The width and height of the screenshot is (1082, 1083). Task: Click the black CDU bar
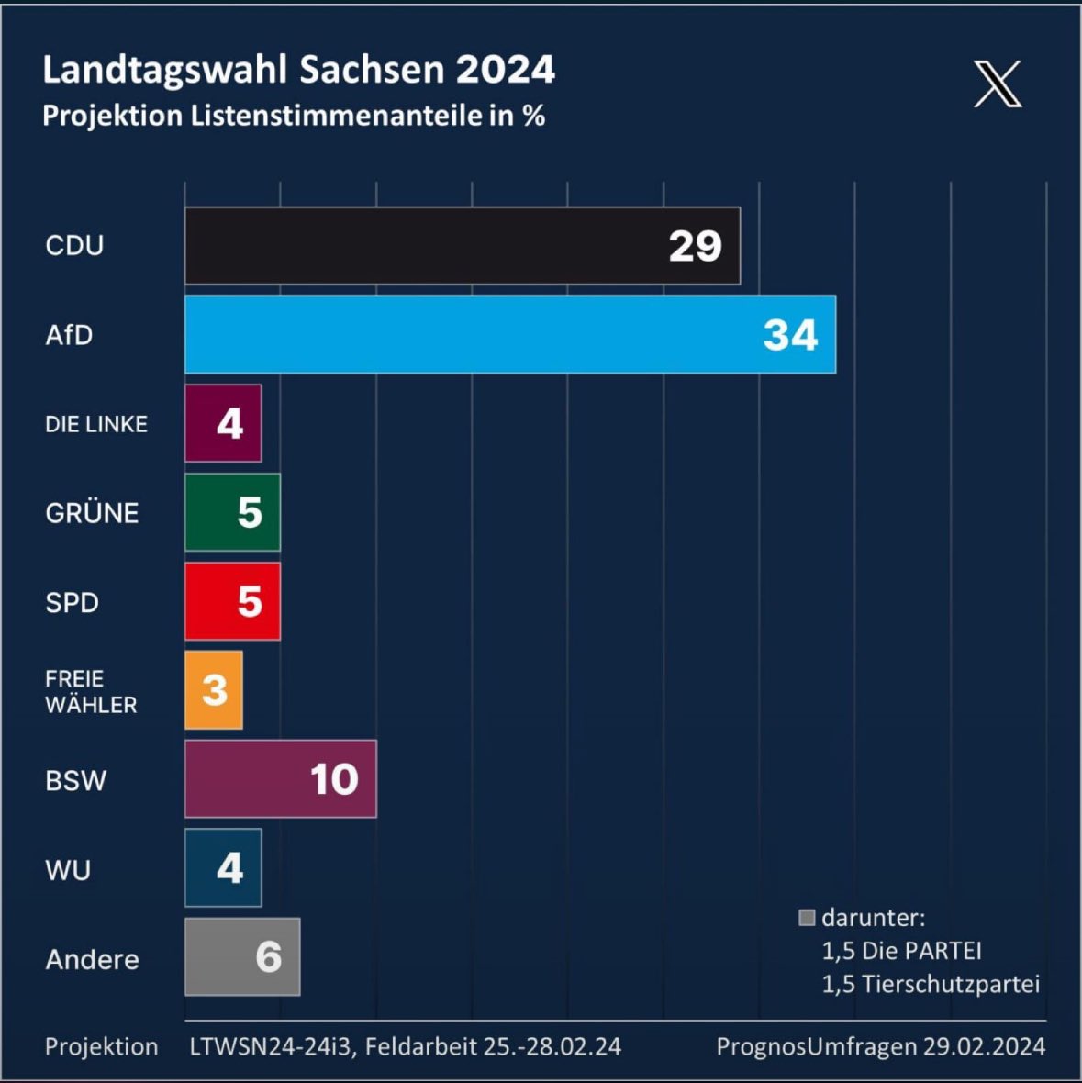pos(422,245)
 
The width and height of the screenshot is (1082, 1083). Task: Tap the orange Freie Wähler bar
pos(213,690)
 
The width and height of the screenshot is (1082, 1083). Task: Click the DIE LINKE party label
pos(96,424)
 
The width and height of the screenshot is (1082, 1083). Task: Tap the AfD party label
pos(69,335)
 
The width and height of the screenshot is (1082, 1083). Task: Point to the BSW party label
pos(76,781)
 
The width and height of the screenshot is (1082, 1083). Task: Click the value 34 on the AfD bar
pos(790,335)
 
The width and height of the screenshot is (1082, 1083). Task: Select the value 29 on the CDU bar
pos(695,246)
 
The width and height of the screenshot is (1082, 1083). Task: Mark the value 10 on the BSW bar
pos(334,779)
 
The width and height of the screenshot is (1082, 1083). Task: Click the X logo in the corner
pos(998,84)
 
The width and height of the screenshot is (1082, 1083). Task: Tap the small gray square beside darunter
pos(808,918)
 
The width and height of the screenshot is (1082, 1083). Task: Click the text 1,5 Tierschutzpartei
pos(931,984)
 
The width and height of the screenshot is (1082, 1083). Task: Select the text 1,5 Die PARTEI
pos(901,951)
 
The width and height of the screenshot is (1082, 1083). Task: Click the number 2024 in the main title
pos(506,70)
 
